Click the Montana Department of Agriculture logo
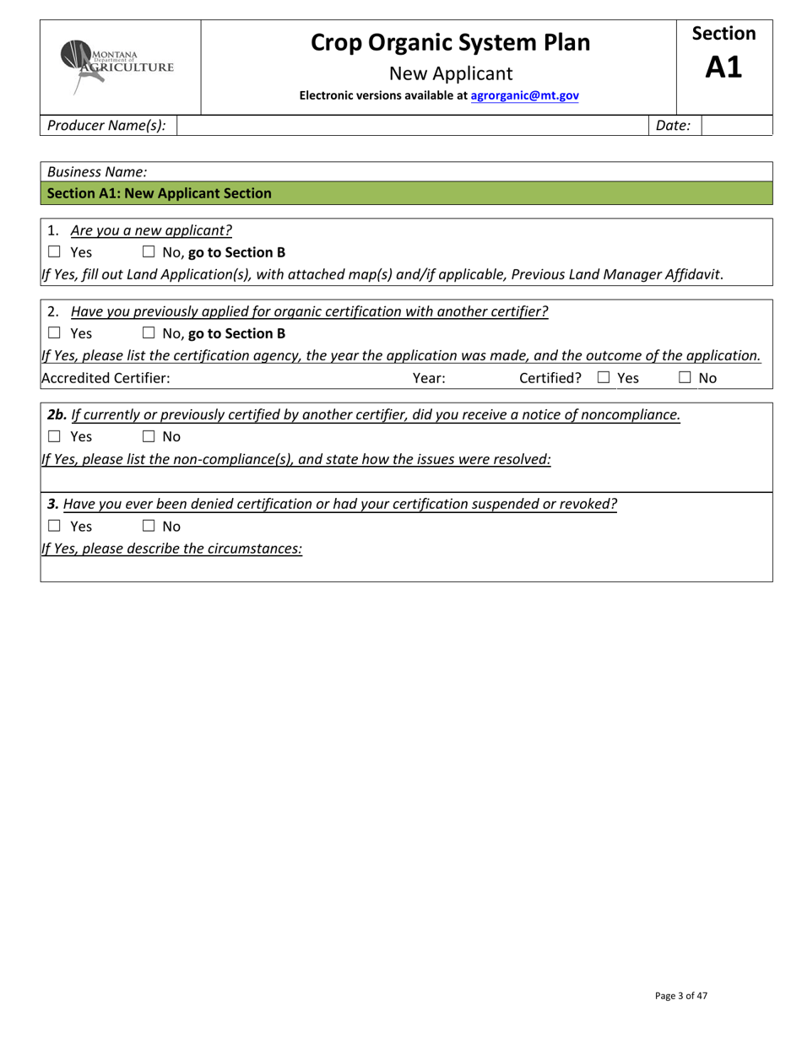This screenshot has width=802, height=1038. tap(118, 66)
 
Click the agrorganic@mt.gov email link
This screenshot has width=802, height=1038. tap(524, 96)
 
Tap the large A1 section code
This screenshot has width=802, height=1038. tap(723, 68)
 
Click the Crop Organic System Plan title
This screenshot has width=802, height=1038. tap(450, 42)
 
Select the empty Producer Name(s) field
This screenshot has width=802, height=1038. tap(411, 126)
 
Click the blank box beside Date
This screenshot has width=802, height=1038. tap(736, 126)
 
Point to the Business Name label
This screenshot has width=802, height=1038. tap(97, 171)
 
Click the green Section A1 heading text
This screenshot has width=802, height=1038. tap(160, 193)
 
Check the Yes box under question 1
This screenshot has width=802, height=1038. tap(55, 251)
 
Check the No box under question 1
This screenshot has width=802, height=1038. tap(149, 251)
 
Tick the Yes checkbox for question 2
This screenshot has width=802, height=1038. tap(55, 333)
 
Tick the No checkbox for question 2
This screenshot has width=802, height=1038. tap(149, 333)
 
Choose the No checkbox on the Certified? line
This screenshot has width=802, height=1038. tap(685, 378)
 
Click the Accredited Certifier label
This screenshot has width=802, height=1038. tap(106, 378)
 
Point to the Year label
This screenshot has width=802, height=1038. tap(429, 378)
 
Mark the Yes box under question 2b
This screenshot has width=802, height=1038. tap(55, 436)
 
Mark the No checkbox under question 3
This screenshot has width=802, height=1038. tap(149, 527)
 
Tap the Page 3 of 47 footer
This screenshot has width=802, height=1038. tap(680, 996)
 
